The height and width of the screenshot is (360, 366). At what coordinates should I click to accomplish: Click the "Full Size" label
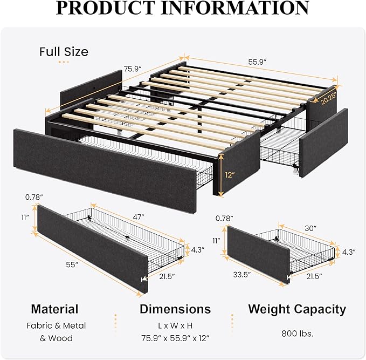pos(64,52)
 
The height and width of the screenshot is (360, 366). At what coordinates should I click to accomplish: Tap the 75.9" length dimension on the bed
pos(132,69)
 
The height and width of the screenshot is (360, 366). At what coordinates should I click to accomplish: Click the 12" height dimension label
pos(231,175)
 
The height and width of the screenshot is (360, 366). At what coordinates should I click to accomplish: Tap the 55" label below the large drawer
pos(73,265)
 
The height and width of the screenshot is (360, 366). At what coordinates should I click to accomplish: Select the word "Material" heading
pos(54,309)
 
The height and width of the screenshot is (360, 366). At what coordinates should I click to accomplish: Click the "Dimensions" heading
pos(175,309)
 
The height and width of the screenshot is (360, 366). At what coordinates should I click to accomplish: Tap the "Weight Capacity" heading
pos(297,309)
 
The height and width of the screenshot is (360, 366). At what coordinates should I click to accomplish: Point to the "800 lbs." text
pos(296,333)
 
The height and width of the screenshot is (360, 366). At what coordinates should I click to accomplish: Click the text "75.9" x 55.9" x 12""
pos(175,338)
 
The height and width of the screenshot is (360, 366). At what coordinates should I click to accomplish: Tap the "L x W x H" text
pos(175,325)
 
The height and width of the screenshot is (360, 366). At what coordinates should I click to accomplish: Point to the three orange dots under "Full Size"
pos(64,62)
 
